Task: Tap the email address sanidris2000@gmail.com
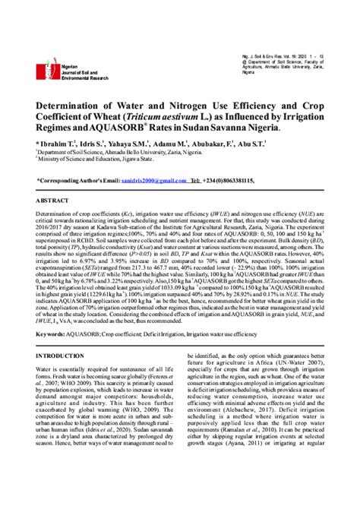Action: pyautogui.click(x=152, y=179)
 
